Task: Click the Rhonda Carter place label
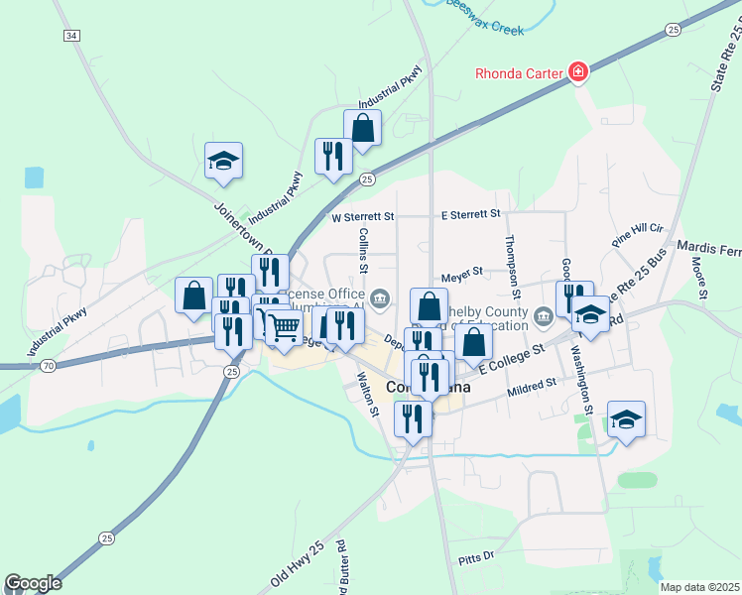518,72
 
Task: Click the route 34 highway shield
70,35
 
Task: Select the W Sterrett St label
363,215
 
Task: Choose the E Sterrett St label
471,213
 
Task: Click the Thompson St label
511,266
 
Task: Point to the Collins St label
363,250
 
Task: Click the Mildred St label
535,380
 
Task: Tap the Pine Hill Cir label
637,234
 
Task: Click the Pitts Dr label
476,559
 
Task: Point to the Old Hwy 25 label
298,563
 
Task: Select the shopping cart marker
284,326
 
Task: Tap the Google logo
33,583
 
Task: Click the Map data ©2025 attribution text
700,587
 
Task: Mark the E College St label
513,358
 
